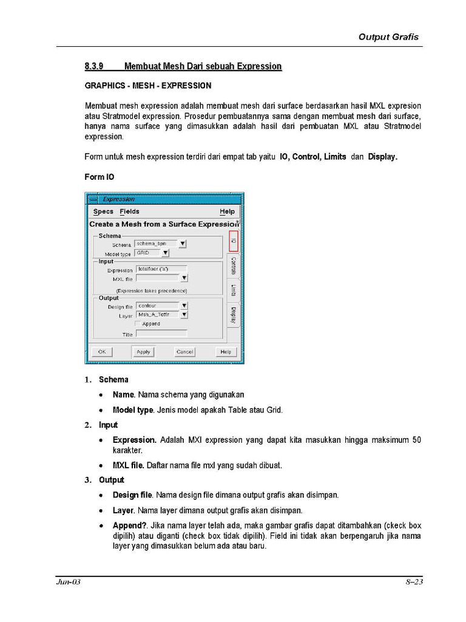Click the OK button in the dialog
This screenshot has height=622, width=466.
coord(101,352)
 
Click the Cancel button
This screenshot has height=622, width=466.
coord(184,352)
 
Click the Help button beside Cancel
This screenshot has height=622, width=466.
coord(226,352)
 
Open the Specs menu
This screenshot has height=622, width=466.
coord(103,211)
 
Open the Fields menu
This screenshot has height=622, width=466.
coord(129,211)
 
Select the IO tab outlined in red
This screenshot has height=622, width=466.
coord(234,241)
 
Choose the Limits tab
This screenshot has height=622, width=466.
coord(234,290)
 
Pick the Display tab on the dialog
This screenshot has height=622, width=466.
coord(234,314)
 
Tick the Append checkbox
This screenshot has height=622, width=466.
coord(138,324)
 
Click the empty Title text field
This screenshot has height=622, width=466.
coord(161,333)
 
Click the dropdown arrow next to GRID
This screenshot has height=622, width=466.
coord(166,253)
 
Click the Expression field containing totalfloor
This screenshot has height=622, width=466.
coord(161,268)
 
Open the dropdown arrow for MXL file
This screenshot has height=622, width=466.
coord(184,278)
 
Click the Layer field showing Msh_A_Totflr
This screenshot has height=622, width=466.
coord(157,315)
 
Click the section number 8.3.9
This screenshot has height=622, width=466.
coord(95,66)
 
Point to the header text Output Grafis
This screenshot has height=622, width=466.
coord(388,36)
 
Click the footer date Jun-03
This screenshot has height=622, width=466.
coord(69,582)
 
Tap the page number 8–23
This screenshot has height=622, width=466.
coord(414,582)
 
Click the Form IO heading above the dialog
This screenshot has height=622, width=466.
coord(99,177)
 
